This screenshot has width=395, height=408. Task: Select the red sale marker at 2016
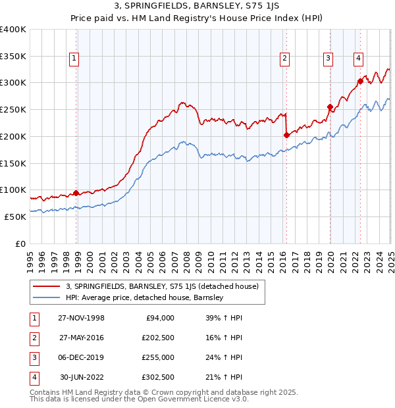[286, 135]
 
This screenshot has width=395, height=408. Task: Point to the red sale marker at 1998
[76, 193]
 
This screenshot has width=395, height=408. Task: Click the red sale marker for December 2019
[330, 107]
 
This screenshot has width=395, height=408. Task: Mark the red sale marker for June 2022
[360, 82]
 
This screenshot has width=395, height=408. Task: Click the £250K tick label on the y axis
[13, 109]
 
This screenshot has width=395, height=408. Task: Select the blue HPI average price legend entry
[145, 297]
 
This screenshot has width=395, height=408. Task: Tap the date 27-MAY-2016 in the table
[82, 338]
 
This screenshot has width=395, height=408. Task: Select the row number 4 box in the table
[33, 377]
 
